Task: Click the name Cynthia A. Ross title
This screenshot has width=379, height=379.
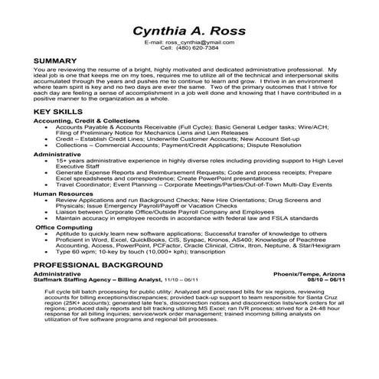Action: tap(189, 31)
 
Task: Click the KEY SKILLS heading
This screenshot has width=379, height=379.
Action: tap(59, 112)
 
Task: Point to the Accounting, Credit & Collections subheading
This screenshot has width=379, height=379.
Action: tap(83, 121)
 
